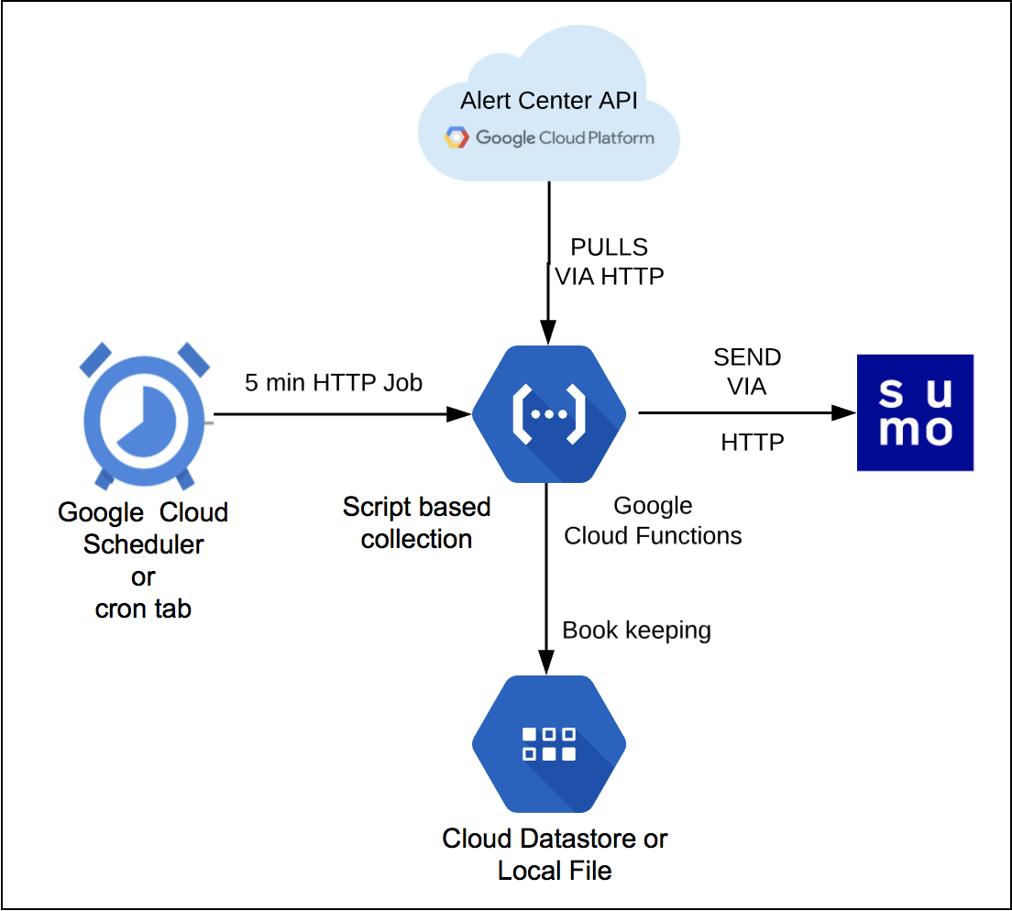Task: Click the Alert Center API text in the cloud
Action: (x=548, y=100)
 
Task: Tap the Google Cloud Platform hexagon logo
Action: (x=456, y=138)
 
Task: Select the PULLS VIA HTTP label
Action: (x=609, y=261)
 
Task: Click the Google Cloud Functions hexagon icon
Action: (x=548, y=413)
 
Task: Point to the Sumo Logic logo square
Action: (x=915, y=412)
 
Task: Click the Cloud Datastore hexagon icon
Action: (x=548, y=743)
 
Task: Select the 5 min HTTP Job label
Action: (x=334, y=382)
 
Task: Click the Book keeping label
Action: (x=636, y=631)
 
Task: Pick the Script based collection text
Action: (x=416, y=522)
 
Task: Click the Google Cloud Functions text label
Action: (x=653, y=521)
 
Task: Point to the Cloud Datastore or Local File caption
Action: (x=555, y=853)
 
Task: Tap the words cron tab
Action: (x=143, y=609)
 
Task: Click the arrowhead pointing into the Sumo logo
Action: (x=844, y=413)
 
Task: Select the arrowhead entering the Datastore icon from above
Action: (x=547, y=664)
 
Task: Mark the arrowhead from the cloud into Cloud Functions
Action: (x=547, y=333)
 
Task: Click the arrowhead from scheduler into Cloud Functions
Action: (x=458, y=414)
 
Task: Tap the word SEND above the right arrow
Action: (x=747, y=357)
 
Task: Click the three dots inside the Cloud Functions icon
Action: (x=548, y=413)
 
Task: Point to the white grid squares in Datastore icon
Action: (x=548, y=743)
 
